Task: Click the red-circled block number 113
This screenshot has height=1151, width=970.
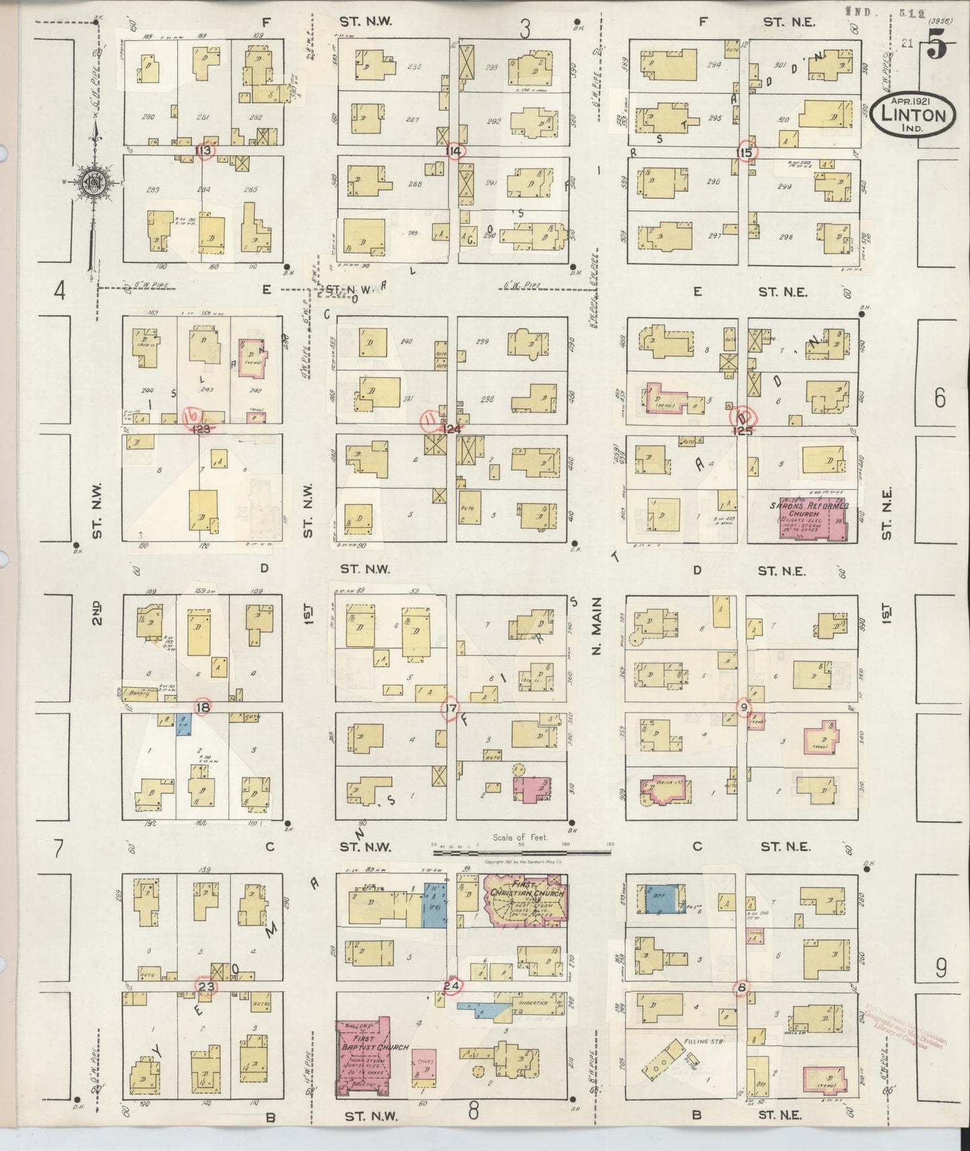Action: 204,150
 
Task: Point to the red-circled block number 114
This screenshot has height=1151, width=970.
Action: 454,150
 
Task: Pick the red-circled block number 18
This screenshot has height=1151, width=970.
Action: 202,707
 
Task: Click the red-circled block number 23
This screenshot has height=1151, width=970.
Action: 206,986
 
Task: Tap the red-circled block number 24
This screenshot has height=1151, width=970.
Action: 452,986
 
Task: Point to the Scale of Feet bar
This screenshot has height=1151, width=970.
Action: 522,851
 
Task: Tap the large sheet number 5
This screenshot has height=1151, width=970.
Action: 938,48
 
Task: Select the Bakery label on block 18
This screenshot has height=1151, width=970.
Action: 140,692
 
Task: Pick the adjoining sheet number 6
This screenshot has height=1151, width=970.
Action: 939,398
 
